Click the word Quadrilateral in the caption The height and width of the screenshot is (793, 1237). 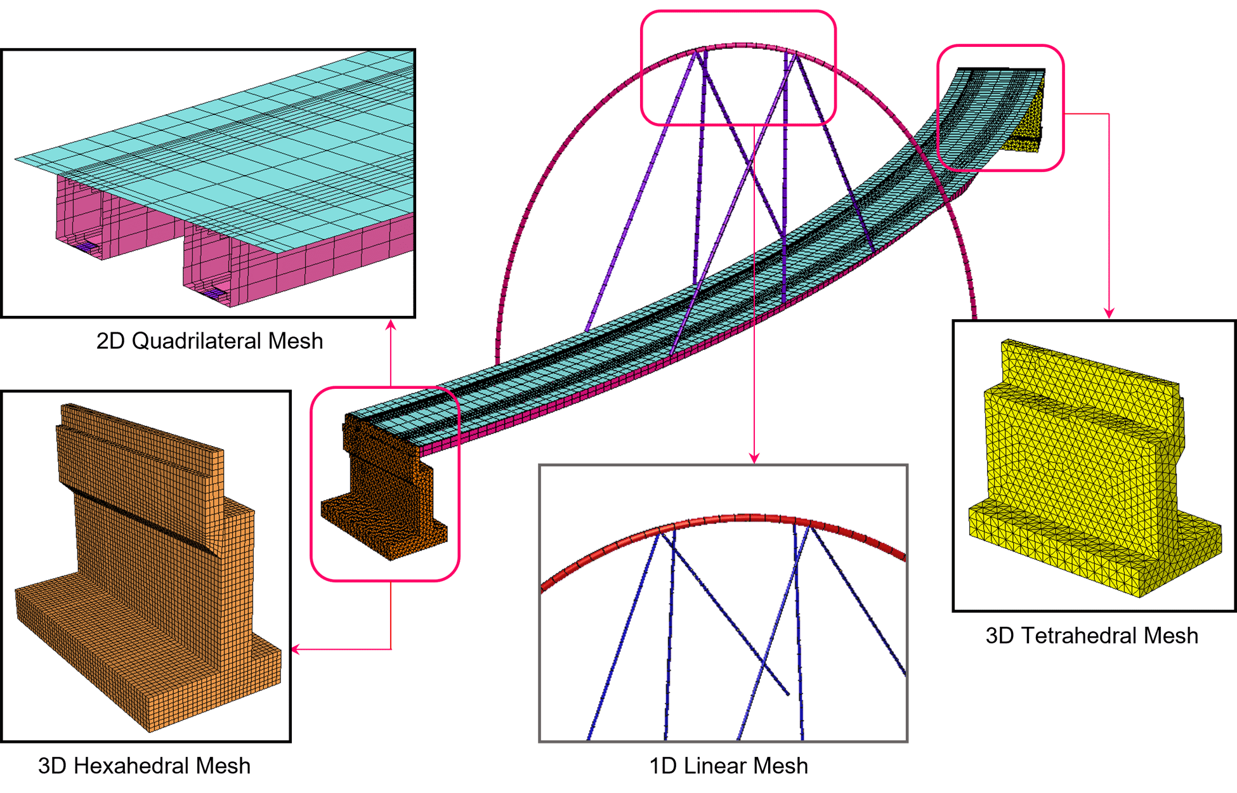coord(197,341)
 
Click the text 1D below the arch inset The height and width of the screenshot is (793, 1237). coord(663,766)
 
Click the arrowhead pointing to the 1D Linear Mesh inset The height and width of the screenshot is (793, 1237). coord(754,458)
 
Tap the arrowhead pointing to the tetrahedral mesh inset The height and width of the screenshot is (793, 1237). coord(1109,312)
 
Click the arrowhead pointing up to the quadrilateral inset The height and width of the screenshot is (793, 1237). coord(391,325)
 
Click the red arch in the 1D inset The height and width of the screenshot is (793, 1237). coord(723,520)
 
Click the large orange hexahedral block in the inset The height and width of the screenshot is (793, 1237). coord(146,571)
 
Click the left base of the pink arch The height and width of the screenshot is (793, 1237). coord(498,355)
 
